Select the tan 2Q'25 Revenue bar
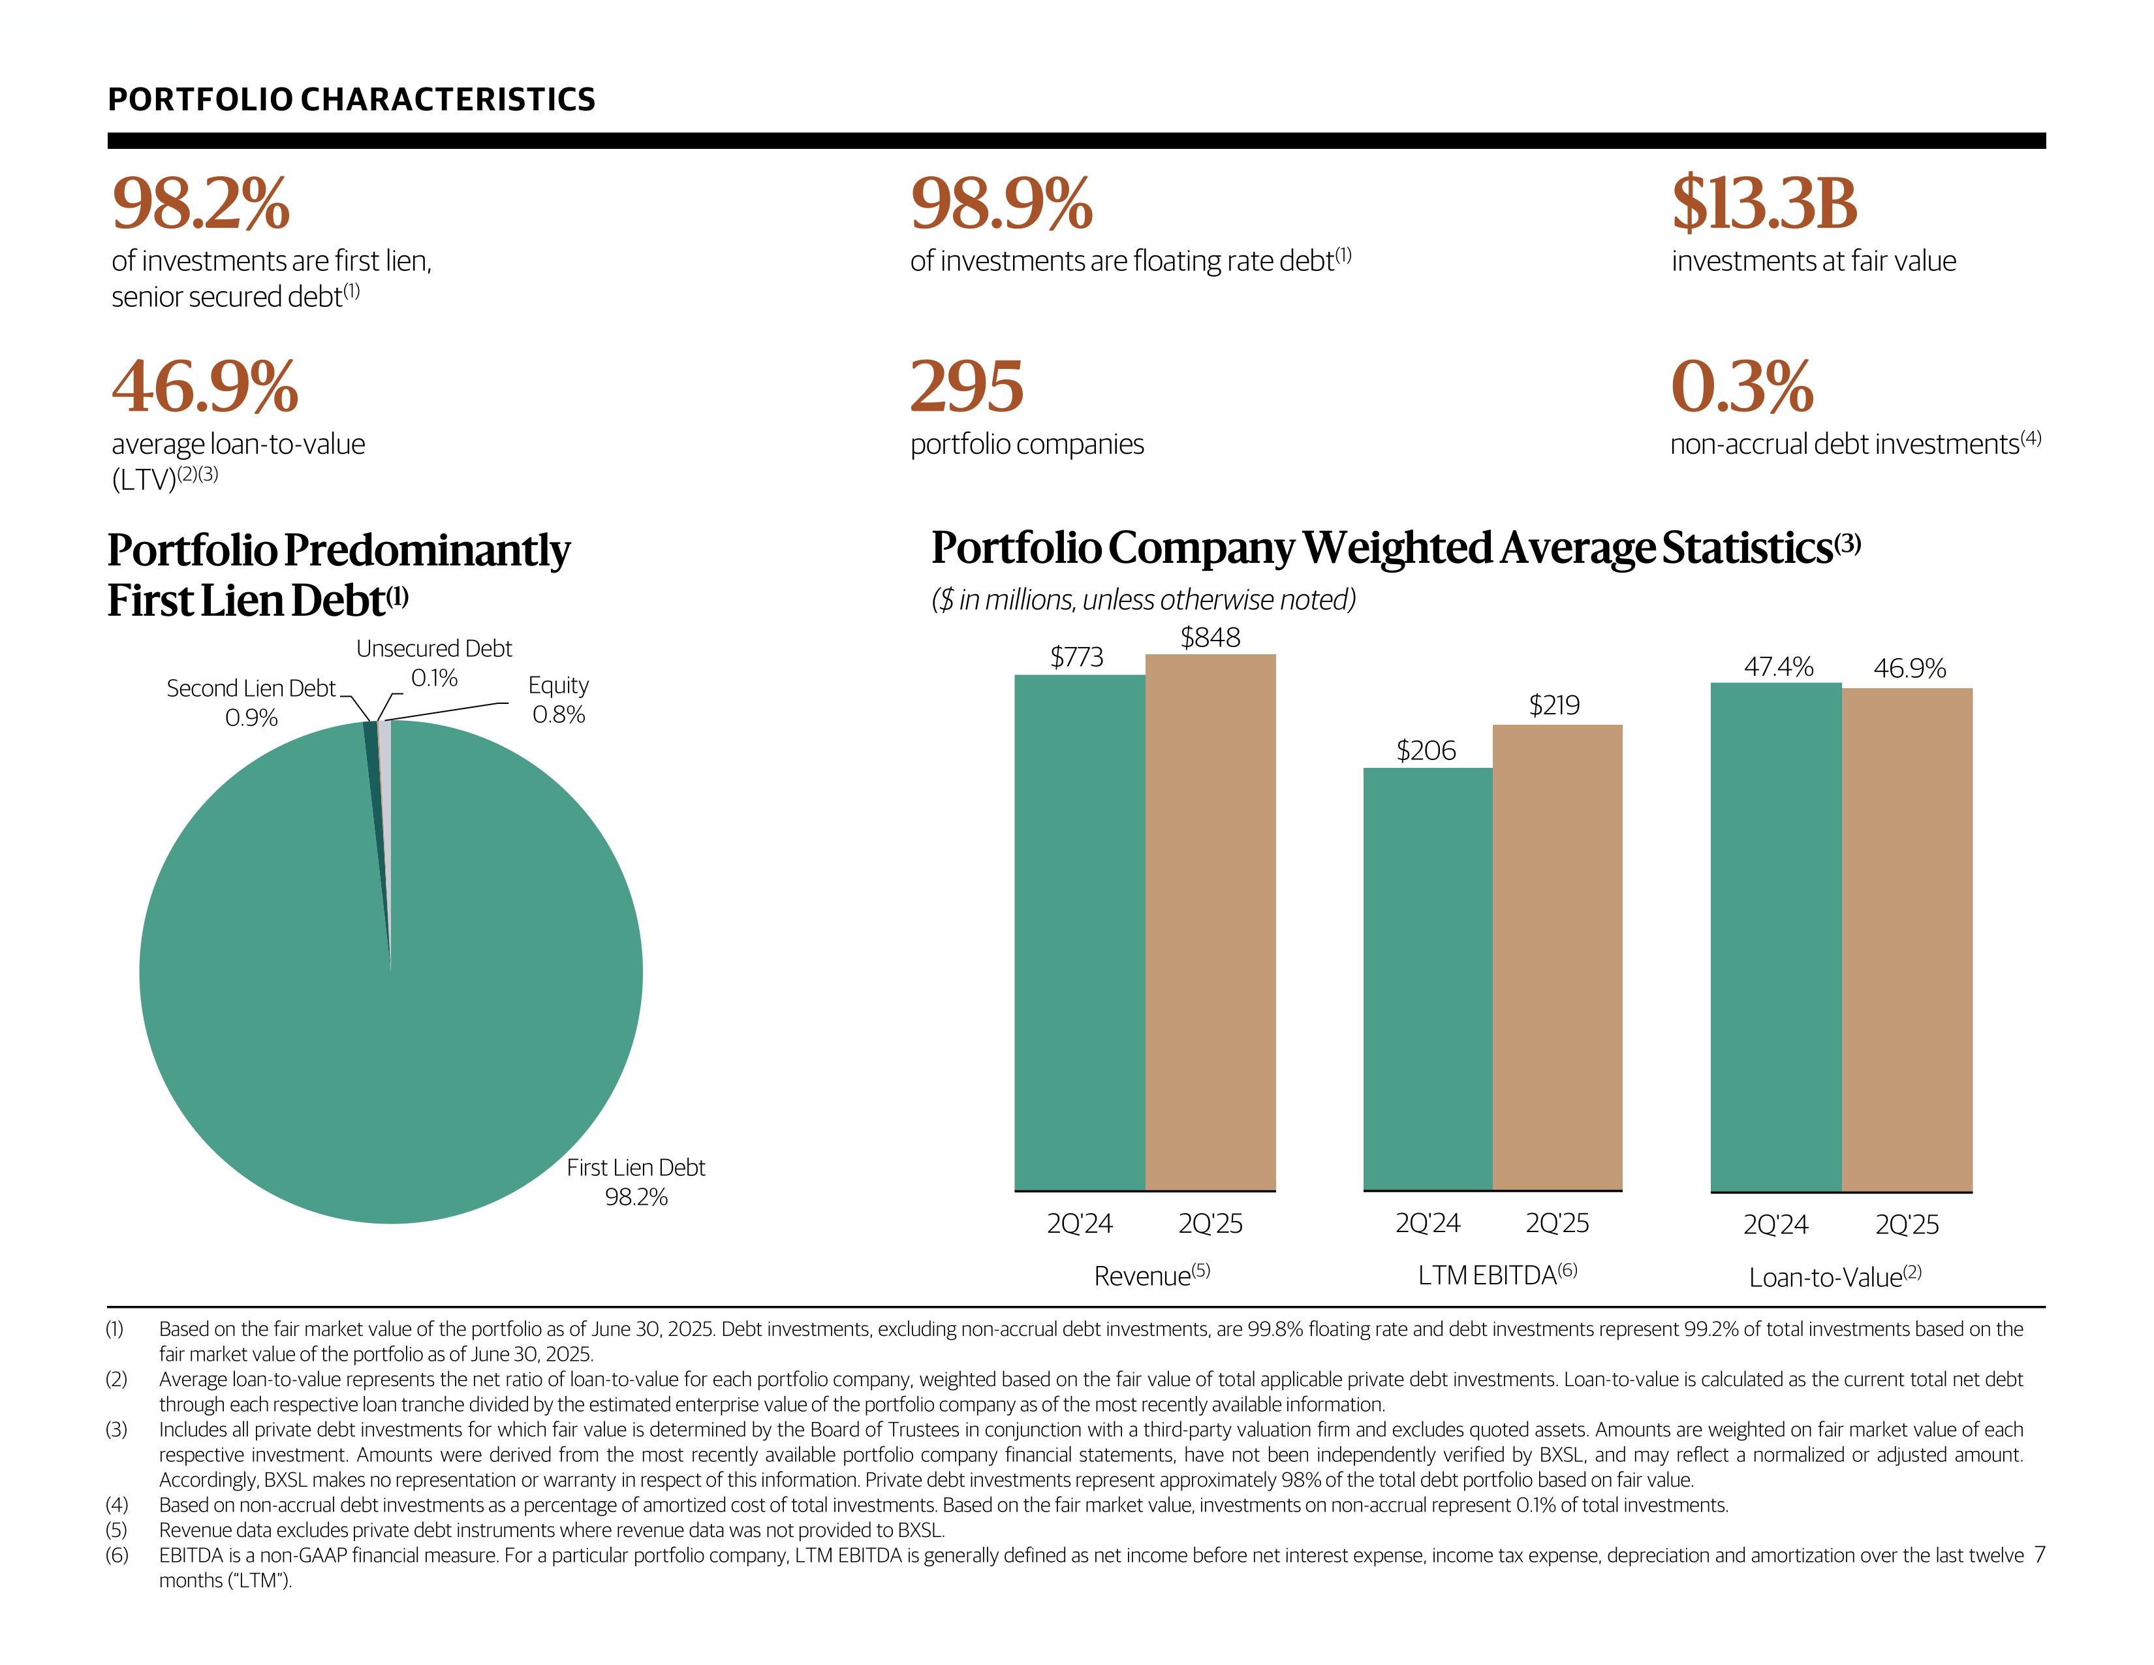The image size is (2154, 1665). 1210,922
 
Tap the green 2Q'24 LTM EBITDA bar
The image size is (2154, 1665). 1427,979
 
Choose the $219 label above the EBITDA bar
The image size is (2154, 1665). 1553,705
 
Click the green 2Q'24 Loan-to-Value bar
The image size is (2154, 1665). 1775,937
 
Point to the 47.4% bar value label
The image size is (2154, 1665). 1778,667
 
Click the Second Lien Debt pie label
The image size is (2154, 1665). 251,703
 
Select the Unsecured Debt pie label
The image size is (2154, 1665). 434,663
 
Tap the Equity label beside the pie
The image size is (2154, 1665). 558,699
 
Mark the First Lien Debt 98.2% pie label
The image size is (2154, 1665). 636,1182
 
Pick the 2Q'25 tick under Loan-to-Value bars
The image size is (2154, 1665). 1907,1225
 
